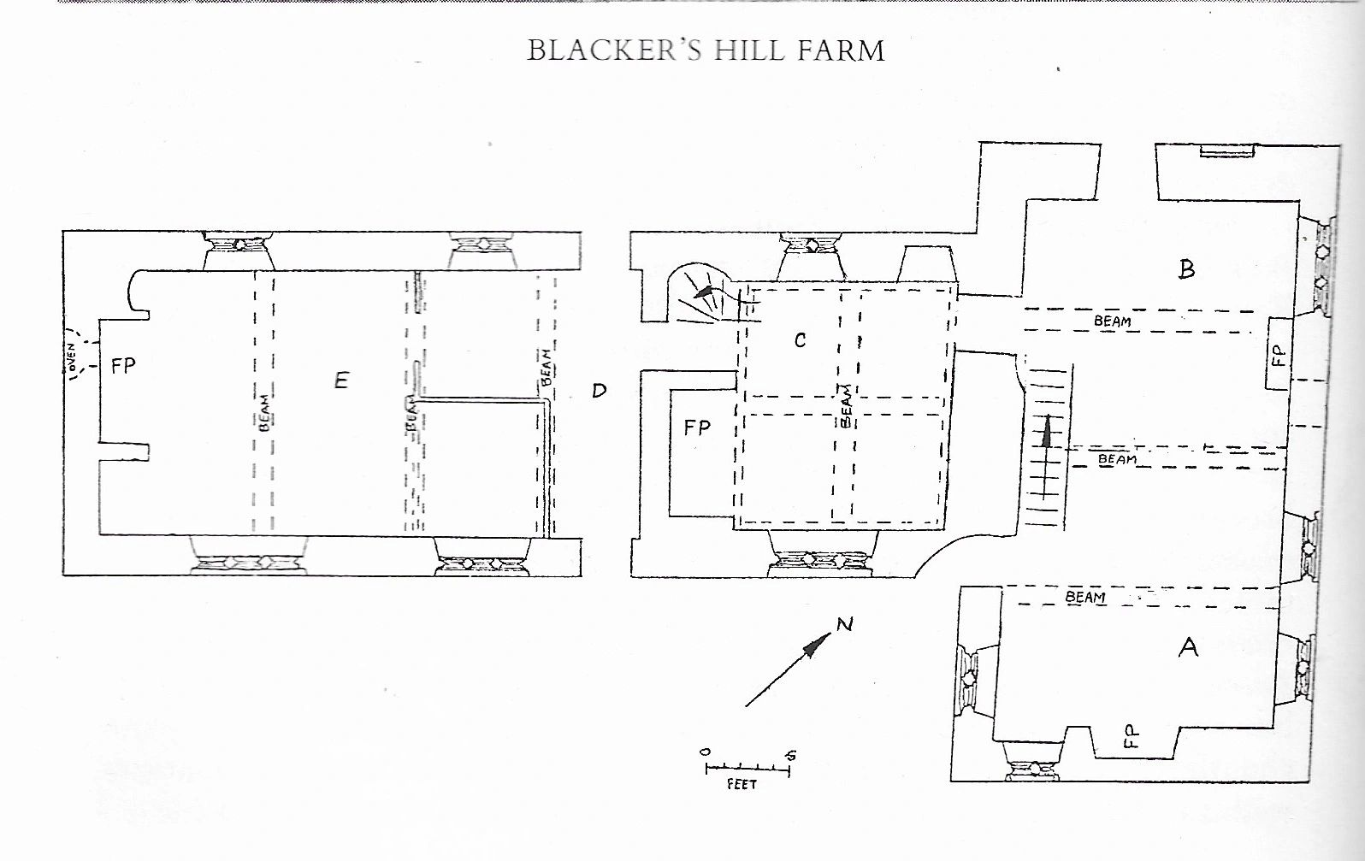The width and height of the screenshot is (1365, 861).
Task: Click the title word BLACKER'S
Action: [x=616, y=50]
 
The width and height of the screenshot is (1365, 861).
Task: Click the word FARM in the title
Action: [x=842, y=50]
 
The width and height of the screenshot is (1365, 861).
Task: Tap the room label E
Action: [x=342, y=380]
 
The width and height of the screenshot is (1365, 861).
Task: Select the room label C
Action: [x=801, y=340]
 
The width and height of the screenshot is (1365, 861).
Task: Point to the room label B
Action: [x=1186, y=268]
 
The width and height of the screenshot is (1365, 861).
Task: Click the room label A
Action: [x=1188, y=647]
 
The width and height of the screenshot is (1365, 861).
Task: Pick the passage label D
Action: [x=600, y=391]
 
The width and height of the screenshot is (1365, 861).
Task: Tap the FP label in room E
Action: [x=123, y=366]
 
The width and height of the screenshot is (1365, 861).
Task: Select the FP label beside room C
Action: [x=697, y=428]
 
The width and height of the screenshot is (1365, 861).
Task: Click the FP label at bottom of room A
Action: [x=1131, y=736]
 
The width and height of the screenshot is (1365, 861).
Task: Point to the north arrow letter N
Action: [x=844, y=624]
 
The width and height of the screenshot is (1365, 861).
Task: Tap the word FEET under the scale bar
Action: [x=742, y=784]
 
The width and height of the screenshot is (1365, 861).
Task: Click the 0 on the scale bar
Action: [x=706, y=752]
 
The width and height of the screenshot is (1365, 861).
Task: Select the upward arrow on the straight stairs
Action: [x=1045, y=457]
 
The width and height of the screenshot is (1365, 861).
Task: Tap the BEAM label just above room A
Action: [x=1084, y=597]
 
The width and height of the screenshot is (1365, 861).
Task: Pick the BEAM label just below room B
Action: [x=1113, y=321]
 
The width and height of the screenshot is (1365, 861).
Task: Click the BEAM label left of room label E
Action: [x=264, y=414]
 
